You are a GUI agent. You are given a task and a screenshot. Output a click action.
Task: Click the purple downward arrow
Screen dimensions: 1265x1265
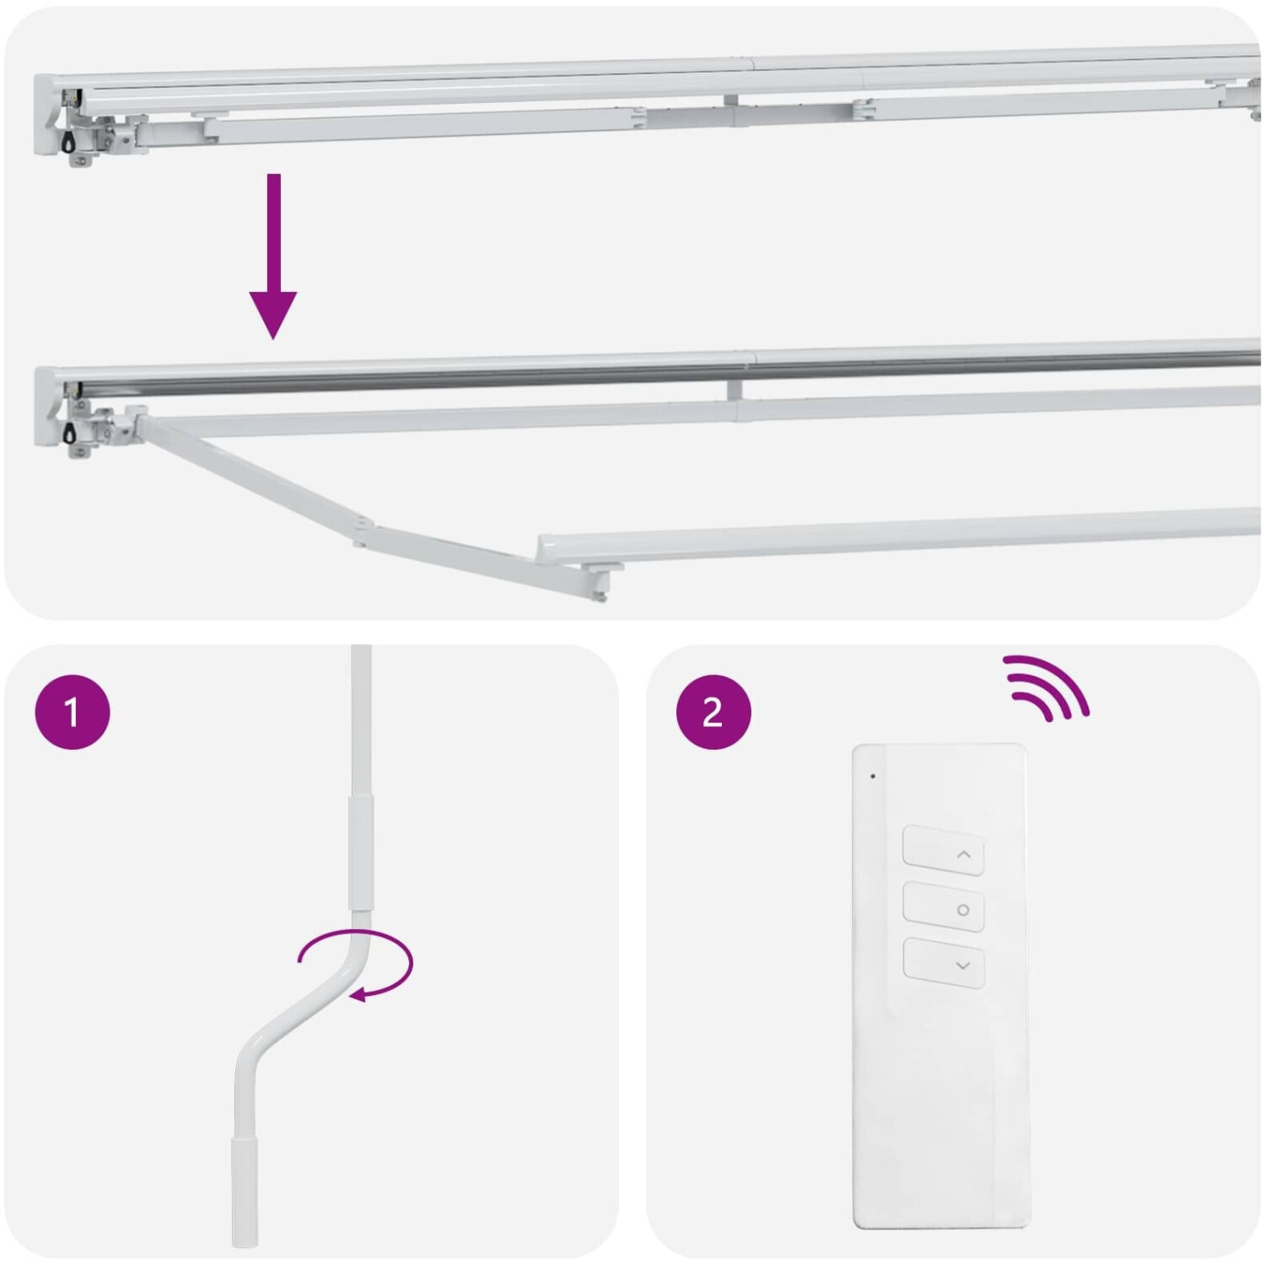272,255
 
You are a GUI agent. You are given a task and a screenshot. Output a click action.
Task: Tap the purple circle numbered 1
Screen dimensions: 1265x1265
73,712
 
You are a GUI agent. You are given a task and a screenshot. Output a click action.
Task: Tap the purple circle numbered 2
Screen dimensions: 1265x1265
713,712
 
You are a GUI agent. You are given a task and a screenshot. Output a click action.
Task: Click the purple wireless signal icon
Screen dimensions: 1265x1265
1047,687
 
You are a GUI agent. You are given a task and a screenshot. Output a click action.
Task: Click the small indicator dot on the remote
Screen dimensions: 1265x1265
873,776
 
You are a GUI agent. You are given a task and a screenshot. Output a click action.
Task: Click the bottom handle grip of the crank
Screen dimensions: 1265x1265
245,1191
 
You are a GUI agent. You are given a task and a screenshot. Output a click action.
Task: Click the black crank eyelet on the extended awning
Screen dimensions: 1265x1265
68,433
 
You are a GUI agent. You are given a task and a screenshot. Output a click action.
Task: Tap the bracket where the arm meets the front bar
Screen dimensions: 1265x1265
600,582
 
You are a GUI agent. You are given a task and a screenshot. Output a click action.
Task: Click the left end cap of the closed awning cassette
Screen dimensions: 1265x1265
49,115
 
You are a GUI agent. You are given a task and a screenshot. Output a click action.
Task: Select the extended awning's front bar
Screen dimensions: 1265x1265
899,535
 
